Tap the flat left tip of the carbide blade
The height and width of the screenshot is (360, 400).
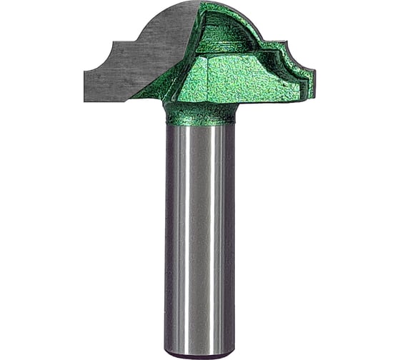click(x=86, y=86)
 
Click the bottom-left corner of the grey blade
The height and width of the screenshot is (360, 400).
click(x=86, y=100)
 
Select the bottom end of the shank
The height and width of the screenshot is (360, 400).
click(x=200, y=352)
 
